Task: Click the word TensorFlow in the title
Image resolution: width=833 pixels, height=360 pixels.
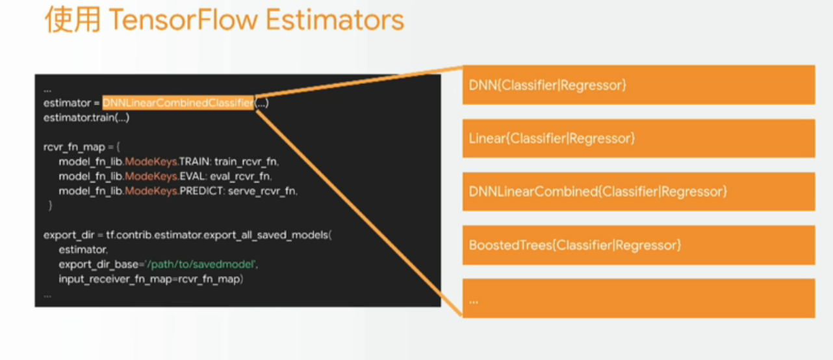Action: pyautogui.click(x=183, y=19)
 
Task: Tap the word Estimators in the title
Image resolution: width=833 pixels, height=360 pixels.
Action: pyautogui.click(x=335, y=19)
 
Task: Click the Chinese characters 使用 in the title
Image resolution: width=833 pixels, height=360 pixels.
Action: pyautogui.click(x=73, y=19)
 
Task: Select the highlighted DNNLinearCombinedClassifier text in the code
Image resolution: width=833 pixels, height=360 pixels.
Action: pyautogui.click(x=178, y=103)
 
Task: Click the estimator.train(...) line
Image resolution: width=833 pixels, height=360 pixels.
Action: pyautogui.click(x=86, y=118)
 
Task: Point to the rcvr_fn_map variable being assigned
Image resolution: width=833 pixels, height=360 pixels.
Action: pyautogui.click(x=74, y=148)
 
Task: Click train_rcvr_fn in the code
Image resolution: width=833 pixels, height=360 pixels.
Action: pyautogui.click(x=246, y=162)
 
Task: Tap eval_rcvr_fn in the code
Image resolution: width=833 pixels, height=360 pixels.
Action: pyautogui.click(x=240, y=176)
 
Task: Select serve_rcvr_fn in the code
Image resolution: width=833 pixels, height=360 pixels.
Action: pyautogui.click(x=263, y=191)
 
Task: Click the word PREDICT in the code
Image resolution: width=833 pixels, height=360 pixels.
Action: pyautogui.click(x=201, y=191)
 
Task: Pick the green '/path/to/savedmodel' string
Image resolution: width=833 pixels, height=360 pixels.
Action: pyautogui.click(x=201, y=264)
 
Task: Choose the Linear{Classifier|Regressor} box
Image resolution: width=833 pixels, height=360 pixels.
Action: pyautogui.click(x=639, y=138)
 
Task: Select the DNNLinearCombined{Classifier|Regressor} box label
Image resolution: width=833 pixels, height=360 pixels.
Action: pyautogui.click(x=598, y=192)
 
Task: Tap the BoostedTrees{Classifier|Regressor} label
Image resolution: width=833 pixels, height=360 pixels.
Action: pyautogui.click(x=575, y=245)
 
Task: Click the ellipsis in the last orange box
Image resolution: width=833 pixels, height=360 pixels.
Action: pyautogui.click(x=474, y=302)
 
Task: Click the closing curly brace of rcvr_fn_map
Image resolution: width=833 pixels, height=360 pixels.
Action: pyautogui.click(x=50, y=205)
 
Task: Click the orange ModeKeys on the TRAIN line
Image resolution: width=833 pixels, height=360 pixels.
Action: pyautogui.click(x=151, y=162)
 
